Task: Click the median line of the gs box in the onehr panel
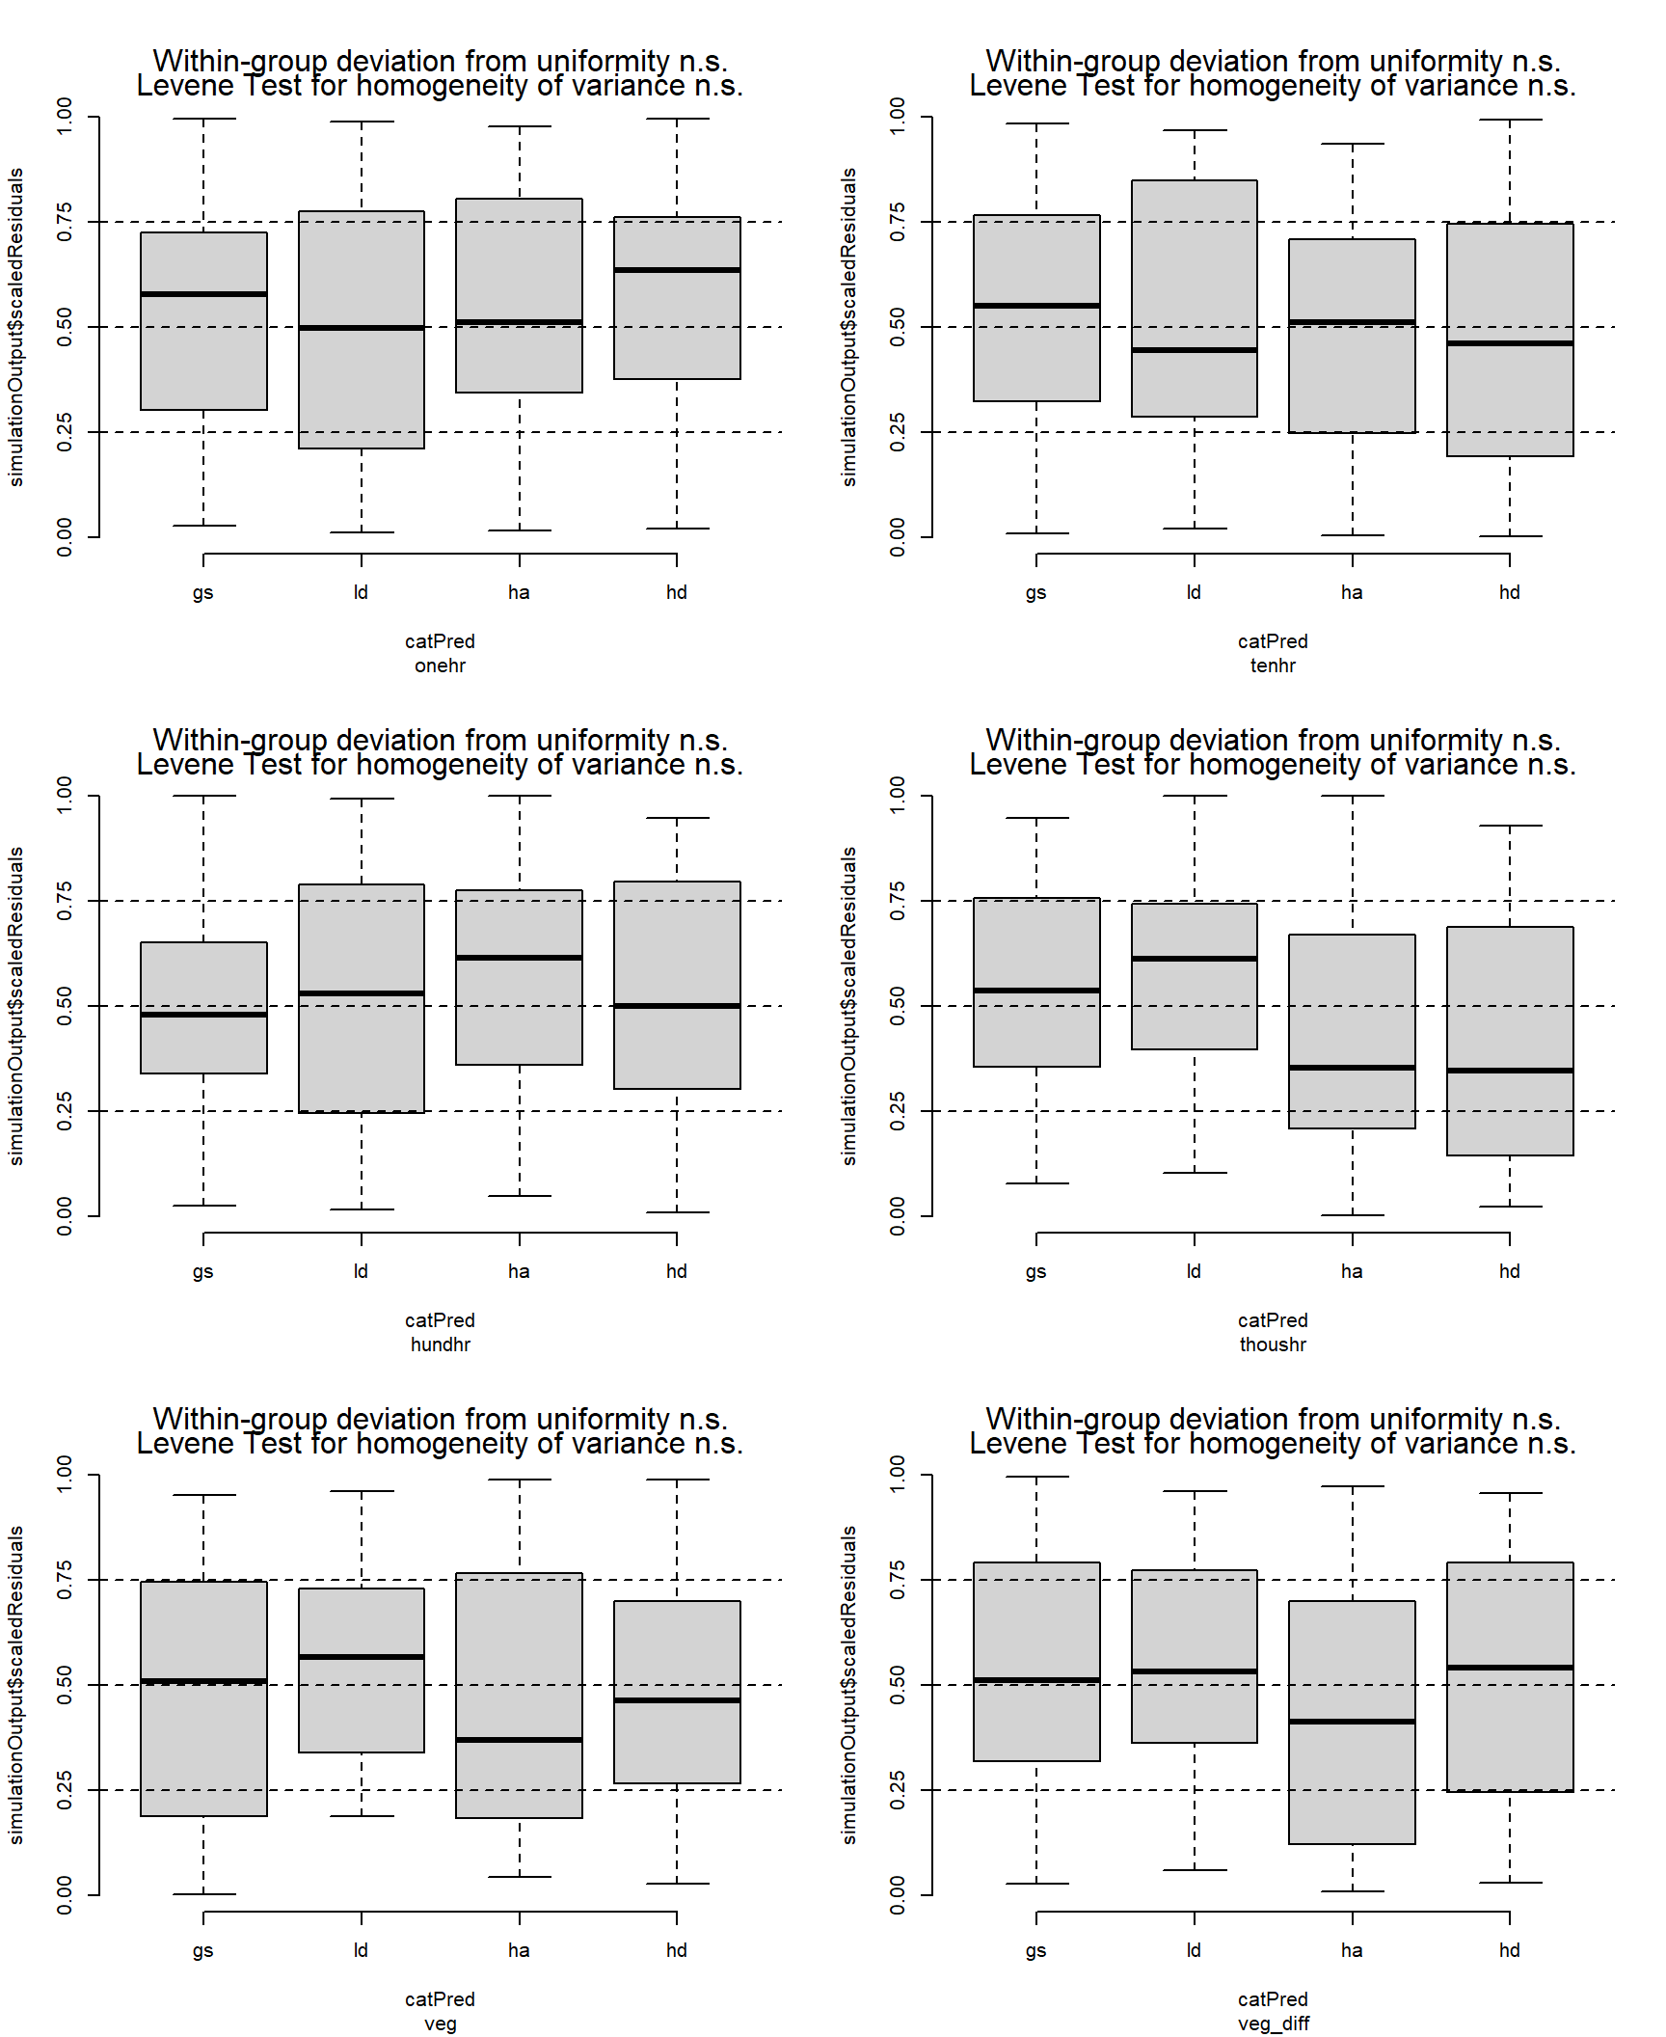click(203, 294)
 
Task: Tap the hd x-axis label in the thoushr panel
click(1509, 1271)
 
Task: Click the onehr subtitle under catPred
click(440, 665)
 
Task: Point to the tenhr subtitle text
click(1273, 665)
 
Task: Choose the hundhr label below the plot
click(440, 1344)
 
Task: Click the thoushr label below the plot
click(1273, 1344)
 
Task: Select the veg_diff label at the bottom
click(1273, 2023)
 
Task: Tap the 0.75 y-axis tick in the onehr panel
click(65, 222)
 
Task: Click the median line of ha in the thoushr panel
click(1352, 1068)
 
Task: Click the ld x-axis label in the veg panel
click(361, 1950)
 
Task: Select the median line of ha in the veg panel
click(519, 1740)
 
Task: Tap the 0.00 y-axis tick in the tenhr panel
click(898, 537)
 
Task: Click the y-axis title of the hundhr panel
click(15, 1006)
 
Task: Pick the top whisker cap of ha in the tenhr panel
click(1352, 144)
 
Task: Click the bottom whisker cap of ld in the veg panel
click(362, 1816)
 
